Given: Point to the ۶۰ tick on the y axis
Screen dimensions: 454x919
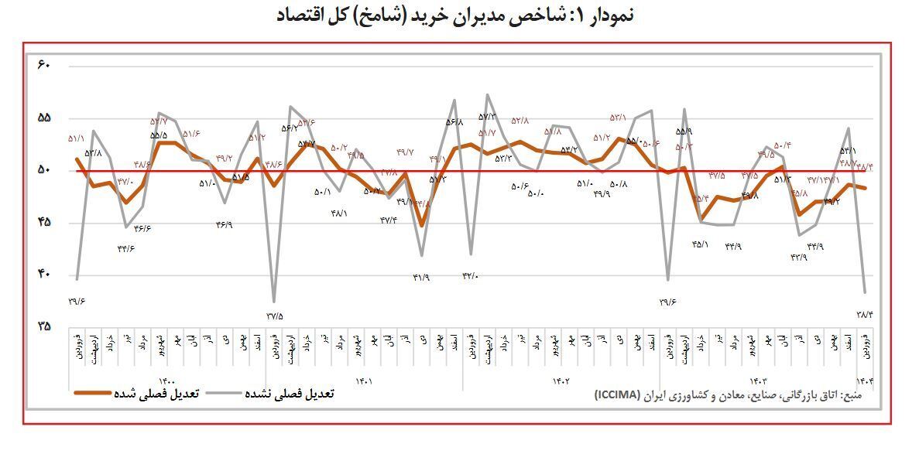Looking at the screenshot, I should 43,65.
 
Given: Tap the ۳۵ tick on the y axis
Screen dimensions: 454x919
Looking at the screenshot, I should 43,326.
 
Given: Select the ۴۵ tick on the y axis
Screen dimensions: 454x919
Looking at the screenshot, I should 43,222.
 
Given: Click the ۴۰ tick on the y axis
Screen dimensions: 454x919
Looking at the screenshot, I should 43,274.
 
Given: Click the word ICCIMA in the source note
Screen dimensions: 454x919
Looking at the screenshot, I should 617,394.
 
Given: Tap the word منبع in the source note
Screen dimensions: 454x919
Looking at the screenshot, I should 860,394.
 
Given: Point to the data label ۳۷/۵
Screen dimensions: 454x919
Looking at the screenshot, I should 275,316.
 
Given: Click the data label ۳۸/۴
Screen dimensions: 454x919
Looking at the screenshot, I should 865,313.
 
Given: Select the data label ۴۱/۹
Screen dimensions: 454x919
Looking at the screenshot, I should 421,278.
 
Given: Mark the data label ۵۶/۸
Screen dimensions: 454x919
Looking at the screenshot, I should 454,121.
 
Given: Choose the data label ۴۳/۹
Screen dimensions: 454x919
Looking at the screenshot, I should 798,257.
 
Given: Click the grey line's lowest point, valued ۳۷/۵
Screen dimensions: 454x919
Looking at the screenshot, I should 274,301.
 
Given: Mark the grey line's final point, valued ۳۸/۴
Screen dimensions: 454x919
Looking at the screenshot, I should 865,292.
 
